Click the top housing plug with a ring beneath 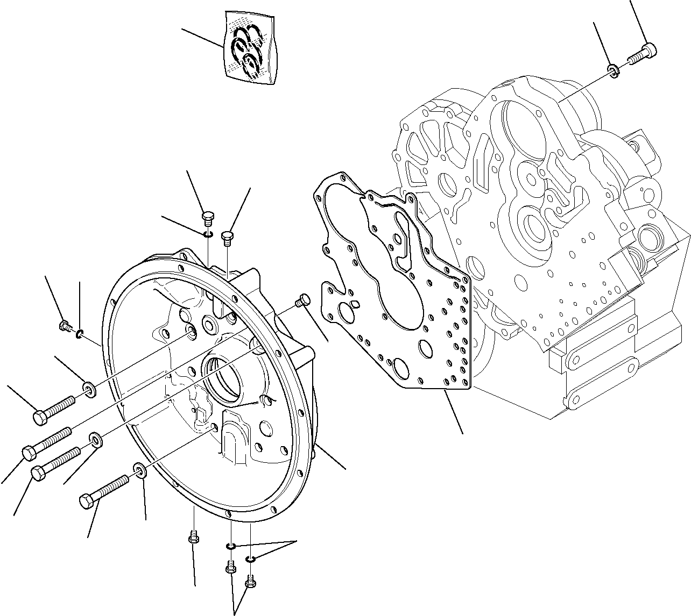pyautogui.click(x=208, y=218)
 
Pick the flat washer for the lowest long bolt pyautogui.click(x=139, y=472)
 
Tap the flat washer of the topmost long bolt pyautogui.click(x=89, y=388)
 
